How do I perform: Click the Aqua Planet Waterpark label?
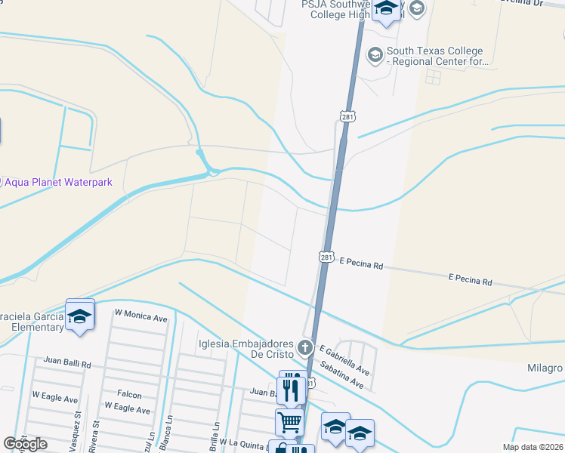point(59,182)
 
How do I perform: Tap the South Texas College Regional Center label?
point(434,57)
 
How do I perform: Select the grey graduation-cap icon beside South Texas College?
point(375,54)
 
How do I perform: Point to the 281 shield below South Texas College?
point(347,117)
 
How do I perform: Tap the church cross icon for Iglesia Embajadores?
point(305,348)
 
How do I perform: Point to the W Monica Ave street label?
point(140,316)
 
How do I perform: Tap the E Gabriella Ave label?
point(344,360)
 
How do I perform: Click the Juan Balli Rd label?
point(67,363)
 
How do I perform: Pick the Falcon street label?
point(129,394)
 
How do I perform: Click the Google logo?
point(25,444)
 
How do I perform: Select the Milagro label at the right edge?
point(545,368)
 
